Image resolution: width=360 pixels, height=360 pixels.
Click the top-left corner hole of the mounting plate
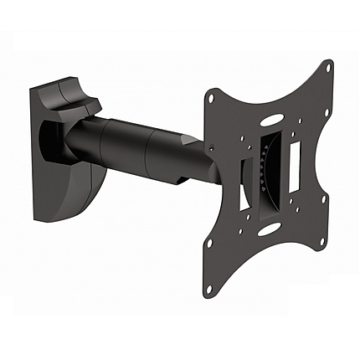point(212,99)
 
